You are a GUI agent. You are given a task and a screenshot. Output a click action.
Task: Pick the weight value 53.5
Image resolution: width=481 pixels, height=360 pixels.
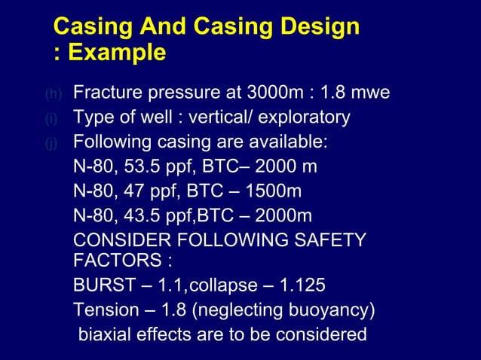coord(142,166)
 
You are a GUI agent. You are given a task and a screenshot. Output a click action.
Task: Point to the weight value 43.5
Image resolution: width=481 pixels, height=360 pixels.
coord(142,215)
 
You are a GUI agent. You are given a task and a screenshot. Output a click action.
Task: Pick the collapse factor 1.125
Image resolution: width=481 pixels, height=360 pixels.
coord(302,286)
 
